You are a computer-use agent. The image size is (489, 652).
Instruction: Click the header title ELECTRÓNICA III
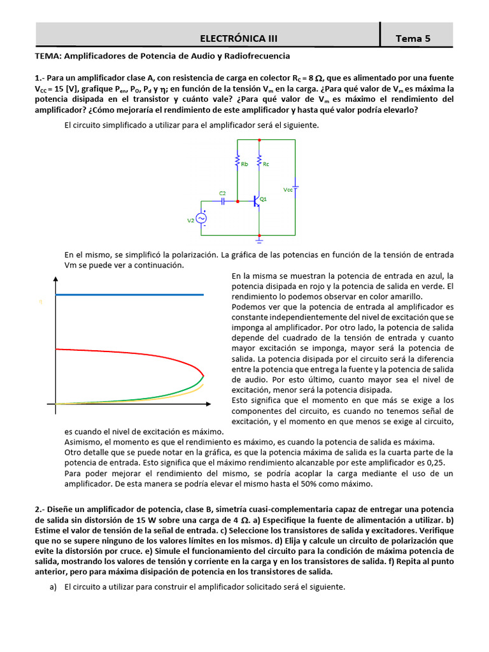click(239, 38)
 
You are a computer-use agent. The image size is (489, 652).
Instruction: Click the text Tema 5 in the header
click(413, 38)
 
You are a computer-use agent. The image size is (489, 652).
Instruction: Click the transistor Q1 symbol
click(257, 201)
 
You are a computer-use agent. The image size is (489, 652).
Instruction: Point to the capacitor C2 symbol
click(223, 201)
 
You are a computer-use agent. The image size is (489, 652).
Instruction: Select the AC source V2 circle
click(202, 218)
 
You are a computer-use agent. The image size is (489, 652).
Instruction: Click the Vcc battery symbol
click(296, 188)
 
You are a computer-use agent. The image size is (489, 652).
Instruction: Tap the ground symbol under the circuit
click(259, 241)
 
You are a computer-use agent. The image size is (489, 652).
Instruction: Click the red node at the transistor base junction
click(237, 201)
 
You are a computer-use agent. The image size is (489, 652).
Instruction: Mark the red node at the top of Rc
click(259, 139)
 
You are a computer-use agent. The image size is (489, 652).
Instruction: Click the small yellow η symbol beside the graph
click(41, 302)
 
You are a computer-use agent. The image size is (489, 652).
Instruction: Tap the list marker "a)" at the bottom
click(53, 586)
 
